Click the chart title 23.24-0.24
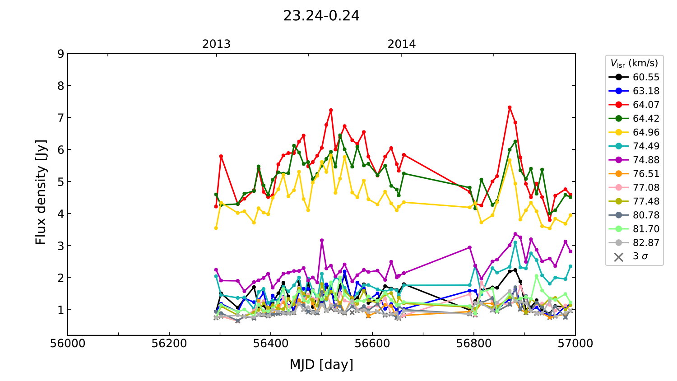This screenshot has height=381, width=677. click(321, 16)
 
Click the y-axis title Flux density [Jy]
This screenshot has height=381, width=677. click(41, 192)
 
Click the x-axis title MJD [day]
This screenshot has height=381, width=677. click(321, 364)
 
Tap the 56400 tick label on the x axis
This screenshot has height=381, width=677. click(270, 344)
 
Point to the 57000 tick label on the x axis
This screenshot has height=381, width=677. click(575, 344)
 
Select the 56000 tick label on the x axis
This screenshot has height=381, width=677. click(68, 344)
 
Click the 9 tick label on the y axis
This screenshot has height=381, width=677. click(60, 54)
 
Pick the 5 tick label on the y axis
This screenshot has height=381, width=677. click(60, 182)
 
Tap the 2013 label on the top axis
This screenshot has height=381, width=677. click(216, 44)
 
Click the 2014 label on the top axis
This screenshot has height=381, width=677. click(401, 44)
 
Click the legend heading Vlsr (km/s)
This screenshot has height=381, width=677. click(634, 63)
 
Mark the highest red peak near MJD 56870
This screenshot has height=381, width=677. click(510, 107)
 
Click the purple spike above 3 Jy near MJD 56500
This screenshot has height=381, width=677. click(322, 241)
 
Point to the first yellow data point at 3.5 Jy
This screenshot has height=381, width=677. click(216, 228)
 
